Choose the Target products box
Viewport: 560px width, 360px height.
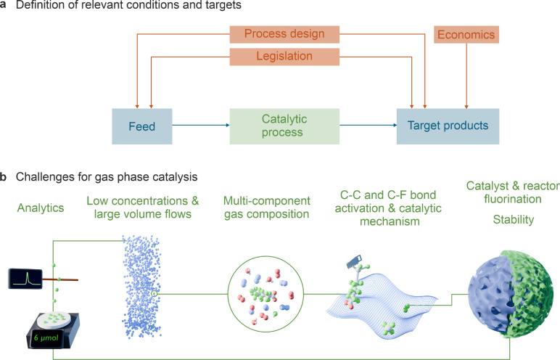click(448, 126)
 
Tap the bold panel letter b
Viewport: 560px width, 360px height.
click(4, 176)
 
